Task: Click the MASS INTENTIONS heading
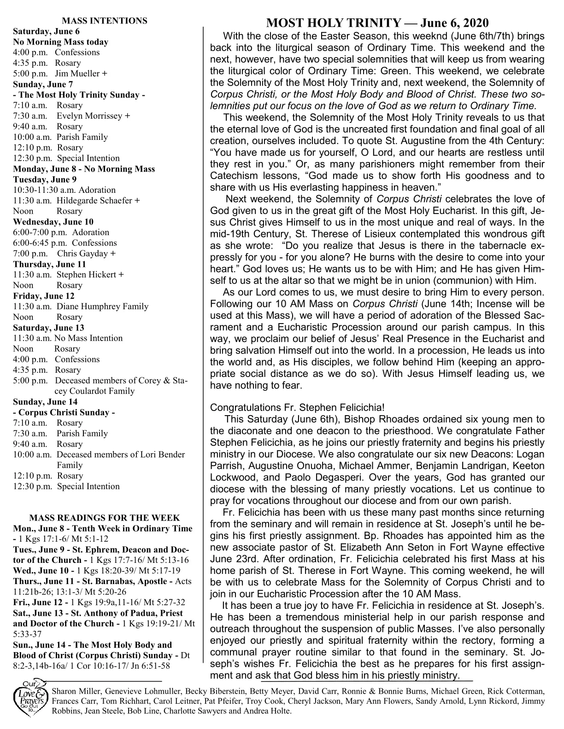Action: (x=105, y=21)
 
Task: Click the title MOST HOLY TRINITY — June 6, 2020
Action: (x=377, y=23)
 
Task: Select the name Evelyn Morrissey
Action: (x=90, y=116)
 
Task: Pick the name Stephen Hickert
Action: (x=86, y=275)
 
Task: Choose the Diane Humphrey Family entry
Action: (x=102, y=307)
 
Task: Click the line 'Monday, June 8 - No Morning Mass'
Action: (x=84, y=169)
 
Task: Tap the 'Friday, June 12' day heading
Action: (x=44, y=296)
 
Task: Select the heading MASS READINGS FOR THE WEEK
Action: (x=105, y=518)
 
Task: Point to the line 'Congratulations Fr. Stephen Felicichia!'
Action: (x=297, y=407)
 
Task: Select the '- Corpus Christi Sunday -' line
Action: (x=64, y=412)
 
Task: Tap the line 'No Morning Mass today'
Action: (x=61, y=42)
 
